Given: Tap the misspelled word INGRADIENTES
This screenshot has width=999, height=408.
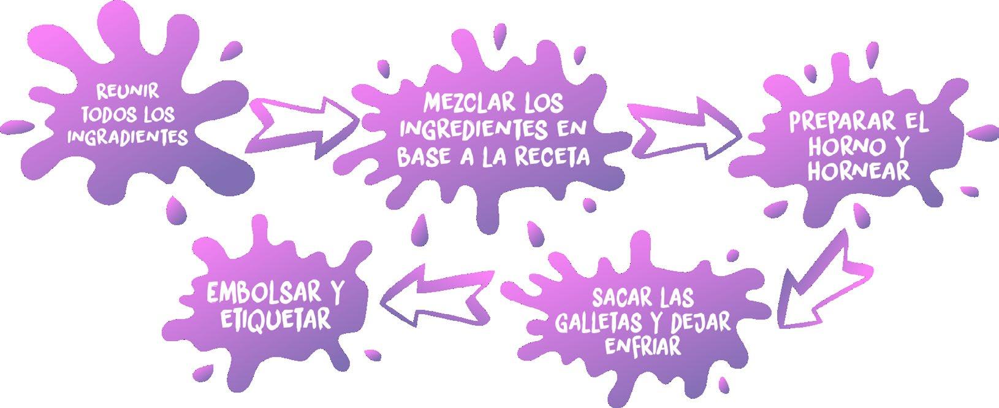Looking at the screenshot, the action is tap(127, 137).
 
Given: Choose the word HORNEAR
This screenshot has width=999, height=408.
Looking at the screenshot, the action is tap(859, 171).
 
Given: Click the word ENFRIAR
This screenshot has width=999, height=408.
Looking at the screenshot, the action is tap(642, 346).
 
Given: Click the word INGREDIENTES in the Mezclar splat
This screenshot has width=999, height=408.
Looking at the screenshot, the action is tap(475, 129).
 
